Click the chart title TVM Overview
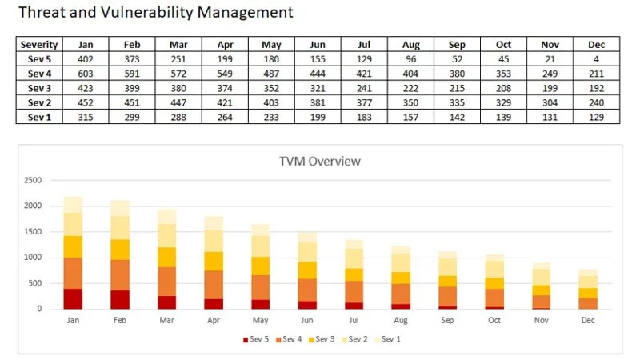click(x=320, y=161)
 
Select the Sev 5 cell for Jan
click(x=86, y=58)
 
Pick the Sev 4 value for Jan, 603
click(x=86, y=73)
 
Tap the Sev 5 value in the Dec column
click(x=596, y=58)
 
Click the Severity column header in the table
click(x=39, y=45)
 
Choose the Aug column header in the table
click(x=411, y=45)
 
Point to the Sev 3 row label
click(x=39, y=87)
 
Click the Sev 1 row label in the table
click(x=39, y=117)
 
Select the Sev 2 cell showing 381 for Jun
click(x=318, y=102)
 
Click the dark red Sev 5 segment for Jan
click(x=73, y=298)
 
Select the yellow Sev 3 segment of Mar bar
click(x=166, y=257)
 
